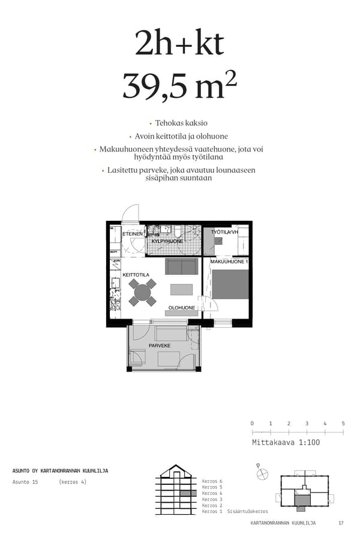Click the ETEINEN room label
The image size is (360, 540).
pyautogui.click(x=133, y=235)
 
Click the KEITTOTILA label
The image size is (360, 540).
pyautogui.click(x=136, y=275)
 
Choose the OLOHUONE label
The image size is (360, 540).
pyautogui.click(x=181, y=308)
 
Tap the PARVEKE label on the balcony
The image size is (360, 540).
pyautogui.click(x=160, y=346)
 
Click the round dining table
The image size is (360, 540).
pyautogui.click(x=143, y=292)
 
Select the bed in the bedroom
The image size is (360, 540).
pyautogui.click(x=230, y=284)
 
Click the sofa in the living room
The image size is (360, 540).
pyautogui.click(x=181, y=266)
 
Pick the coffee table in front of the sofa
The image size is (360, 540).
pyautogui.click(x=181, y=290)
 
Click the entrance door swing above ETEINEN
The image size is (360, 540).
pyautogui.click(x=130, y=214)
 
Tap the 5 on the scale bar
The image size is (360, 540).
pyautogui.click(x=343, y=424)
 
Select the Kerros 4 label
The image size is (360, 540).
pyautogui.click(x=212, y=493)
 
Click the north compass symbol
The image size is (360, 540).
pyautogui.click(x=262, y=473)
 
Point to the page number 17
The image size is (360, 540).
pyautogui.click(x=341, y=523)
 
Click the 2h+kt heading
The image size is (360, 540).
pyautogui.click(x=179, y=44)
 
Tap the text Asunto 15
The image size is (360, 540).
pyautogui.click(x=25, y=482)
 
